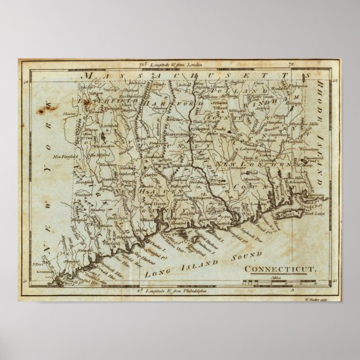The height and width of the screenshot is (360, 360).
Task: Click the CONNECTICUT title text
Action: point(281,268)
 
